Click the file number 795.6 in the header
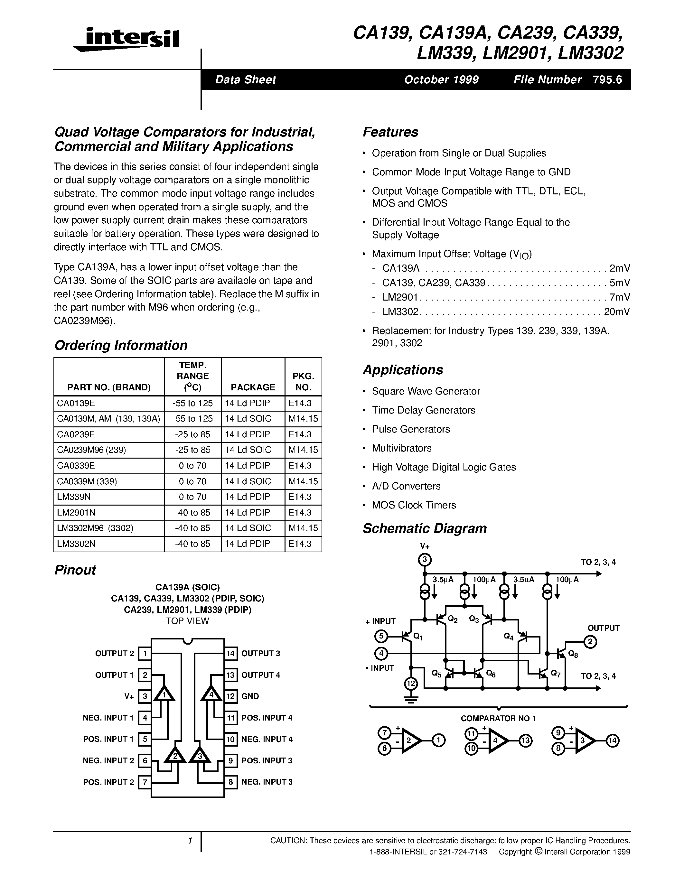click(607, 79)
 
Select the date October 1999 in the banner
click(441, 79)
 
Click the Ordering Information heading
click(121, 345)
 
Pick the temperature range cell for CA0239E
click(192, 434)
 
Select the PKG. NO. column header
click(303, 382)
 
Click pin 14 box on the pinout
click(230, 653)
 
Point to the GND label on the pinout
click(250, 696)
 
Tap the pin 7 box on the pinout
click(145, 782)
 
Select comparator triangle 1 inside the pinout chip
click(164, 694)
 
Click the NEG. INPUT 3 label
click(267, 782)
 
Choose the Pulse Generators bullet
click(411, 429)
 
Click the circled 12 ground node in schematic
click(411, 684)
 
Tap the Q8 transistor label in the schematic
click(573, 654)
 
